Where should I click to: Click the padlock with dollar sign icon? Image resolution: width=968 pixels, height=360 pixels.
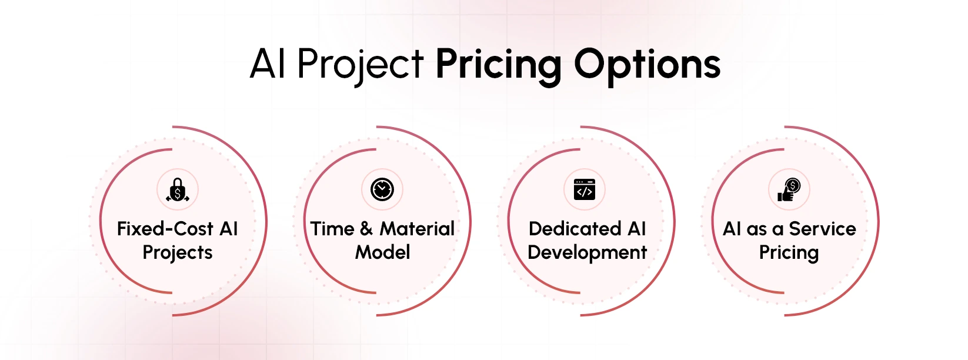(x=178, y=190)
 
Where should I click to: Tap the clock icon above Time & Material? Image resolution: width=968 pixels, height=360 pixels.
(x=382, y=189)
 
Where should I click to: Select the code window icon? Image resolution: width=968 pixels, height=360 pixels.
(x=584, y=189)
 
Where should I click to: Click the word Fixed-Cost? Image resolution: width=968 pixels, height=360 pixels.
(x=165, y=228)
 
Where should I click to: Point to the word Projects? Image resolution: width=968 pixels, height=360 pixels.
(x=178, y=252)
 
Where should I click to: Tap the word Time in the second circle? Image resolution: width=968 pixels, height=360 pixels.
(x=332, y=228)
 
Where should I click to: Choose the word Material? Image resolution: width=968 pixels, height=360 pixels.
(x=417, y=228)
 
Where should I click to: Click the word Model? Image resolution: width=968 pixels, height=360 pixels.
(x=383, y=252)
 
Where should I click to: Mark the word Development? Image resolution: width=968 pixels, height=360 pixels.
(x=587, y=252)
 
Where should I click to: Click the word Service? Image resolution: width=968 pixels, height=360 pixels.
(x=822, y=228)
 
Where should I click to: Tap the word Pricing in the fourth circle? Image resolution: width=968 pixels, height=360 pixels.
(x=789, y=252)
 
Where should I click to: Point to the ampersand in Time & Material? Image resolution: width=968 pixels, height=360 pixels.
(x=366, y=228)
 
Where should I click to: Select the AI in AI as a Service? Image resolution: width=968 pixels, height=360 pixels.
(x=732, y=228)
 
